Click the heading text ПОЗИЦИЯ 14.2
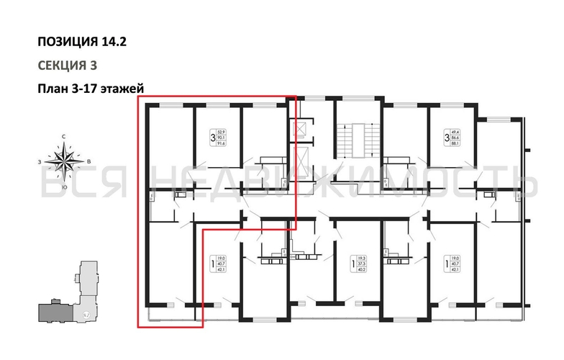click(82, 41)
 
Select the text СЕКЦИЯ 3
click(67, 65)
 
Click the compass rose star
click(65, 159)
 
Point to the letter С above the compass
click(64, 136)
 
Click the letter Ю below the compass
click(65, 186)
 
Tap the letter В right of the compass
click(87, 161)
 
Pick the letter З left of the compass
click(41, 161)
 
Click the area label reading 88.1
click(455, 142)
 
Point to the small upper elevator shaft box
click(299, 129)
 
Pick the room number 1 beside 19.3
click(352, 264)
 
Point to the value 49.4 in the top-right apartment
click(455, 129)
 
